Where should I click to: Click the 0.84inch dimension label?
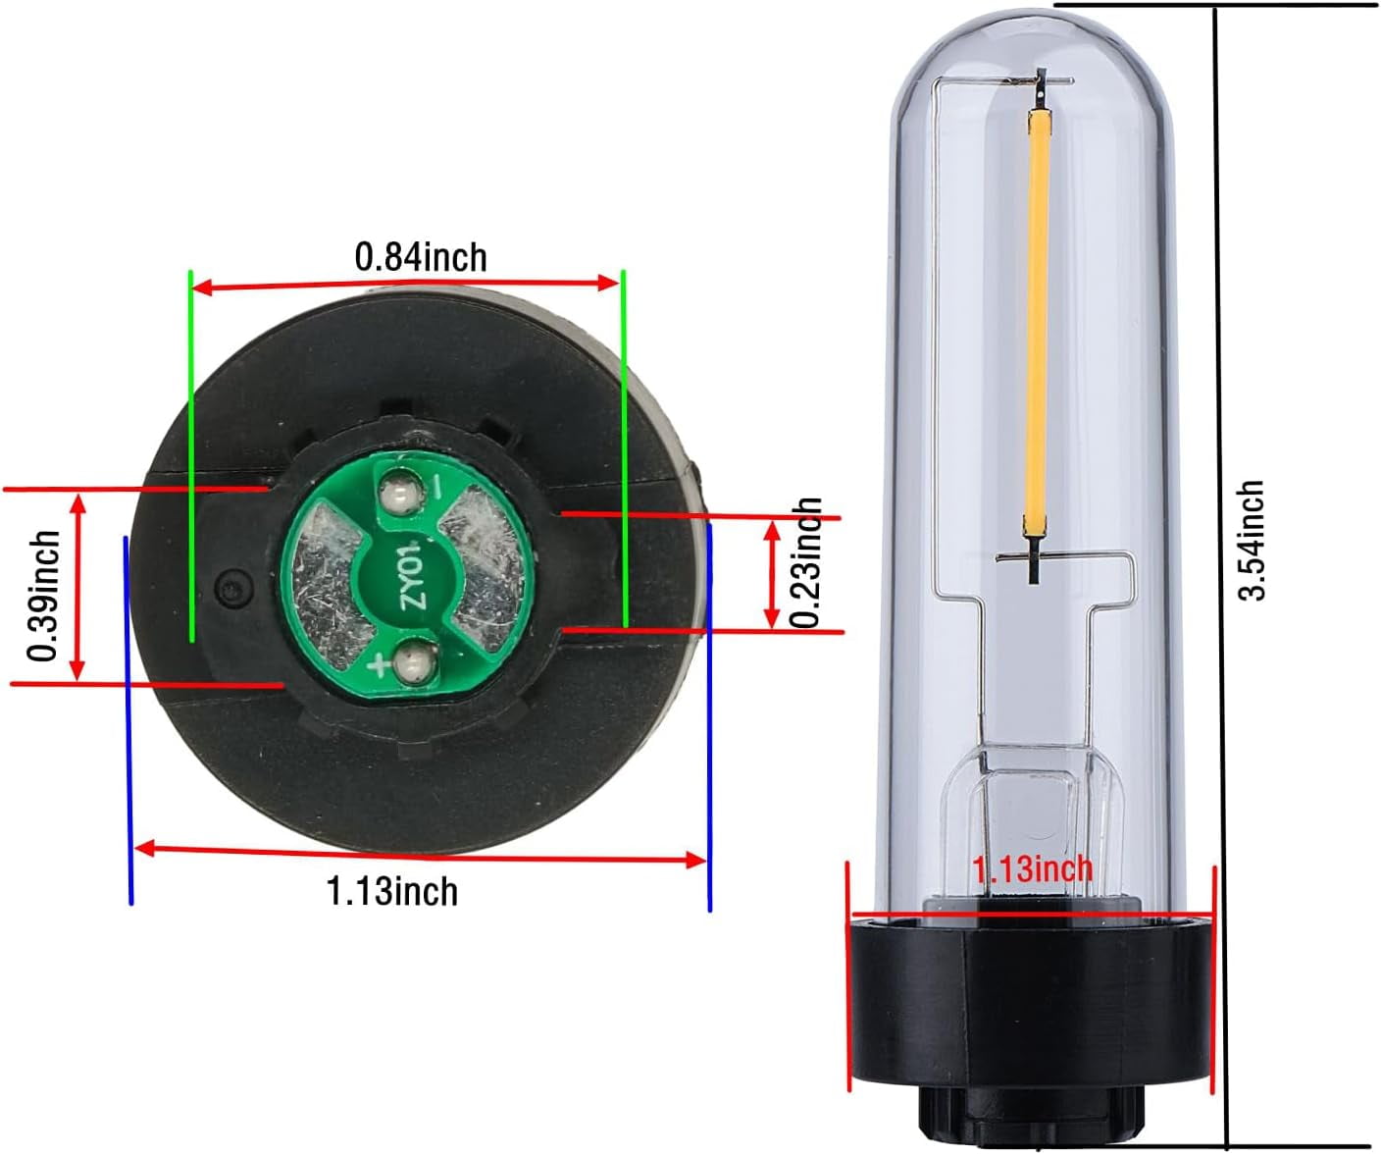[420, 257]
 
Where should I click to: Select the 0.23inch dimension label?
[806, 562]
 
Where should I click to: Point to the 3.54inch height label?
[1251, 540]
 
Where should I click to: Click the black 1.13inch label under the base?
[391, 891]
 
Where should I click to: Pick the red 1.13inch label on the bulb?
[1031, 868]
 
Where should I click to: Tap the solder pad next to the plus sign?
[413, 666]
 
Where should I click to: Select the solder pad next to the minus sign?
[399, 490]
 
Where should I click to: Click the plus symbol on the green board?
[379, 667]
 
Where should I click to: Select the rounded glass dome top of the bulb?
[1032, 59]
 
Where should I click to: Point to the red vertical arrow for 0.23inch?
[772, 574]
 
